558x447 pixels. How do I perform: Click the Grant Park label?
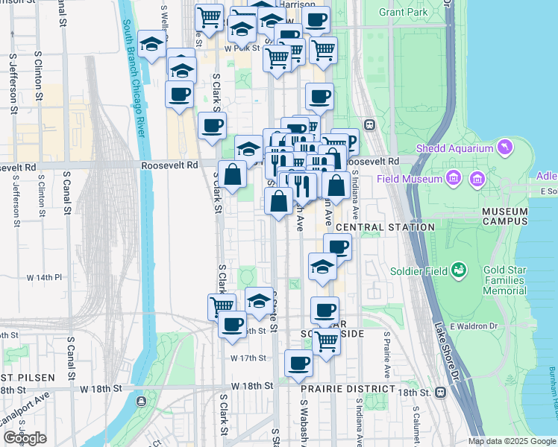(403, 12)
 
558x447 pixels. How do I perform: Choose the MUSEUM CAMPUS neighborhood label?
(504, 216)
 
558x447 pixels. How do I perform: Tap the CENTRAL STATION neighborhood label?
(385, 227)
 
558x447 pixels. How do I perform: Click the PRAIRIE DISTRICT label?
(348, 389)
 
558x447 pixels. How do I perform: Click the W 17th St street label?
(248, 358)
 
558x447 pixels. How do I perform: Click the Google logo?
(25, 438)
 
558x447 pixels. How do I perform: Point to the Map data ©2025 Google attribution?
(512, 441)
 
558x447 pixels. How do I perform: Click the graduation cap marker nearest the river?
(152, 45)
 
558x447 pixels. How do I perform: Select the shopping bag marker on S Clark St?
(233, 176)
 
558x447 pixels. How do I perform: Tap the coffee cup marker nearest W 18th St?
(298, 364)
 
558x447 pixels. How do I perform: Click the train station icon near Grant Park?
(369, 124)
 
